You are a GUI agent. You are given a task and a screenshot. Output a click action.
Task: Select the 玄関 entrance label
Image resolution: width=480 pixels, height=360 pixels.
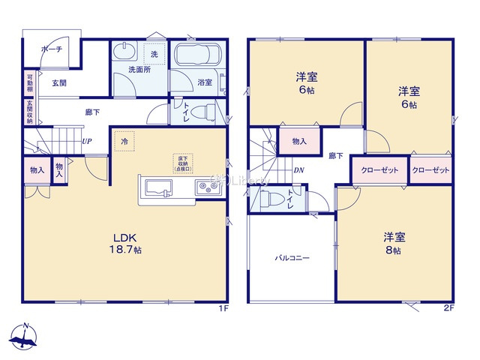coord(59,83)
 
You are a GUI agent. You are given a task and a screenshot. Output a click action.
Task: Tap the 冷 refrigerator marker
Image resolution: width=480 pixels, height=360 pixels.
coord(124,140)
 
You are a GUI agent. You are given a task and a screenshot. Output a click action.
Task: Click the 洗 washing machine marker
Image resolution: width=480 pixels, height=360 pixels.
coord(154,55)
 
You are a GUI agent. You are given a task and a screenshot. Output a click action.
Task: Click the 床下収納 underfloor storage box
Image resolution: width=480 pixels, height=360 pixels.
coord(183,163)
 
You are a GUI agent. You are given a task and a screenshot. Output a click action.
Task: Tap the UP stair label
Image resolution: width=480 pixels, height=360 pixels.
coord(88,142)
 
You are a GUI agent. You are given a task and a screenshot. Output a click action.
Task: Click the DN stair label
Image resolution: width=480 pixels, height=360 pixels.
coord(298,170)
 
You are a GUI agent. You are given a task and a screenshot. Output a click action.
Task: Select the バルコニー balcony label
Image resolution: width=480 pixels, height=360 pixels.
coord(292,257)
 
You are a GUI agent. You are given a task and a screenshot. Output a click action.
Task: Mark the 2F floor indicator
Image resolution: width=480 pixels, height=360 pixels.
coord(449,307)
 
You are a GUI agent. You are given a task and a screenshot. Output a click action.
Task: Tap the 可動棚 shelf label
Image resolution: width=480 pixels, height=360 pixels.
coord(31,82)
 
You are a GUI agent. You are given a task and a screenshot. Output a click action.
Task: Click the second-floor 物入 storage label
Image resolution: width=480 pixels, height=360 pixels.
coord(298,140)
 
